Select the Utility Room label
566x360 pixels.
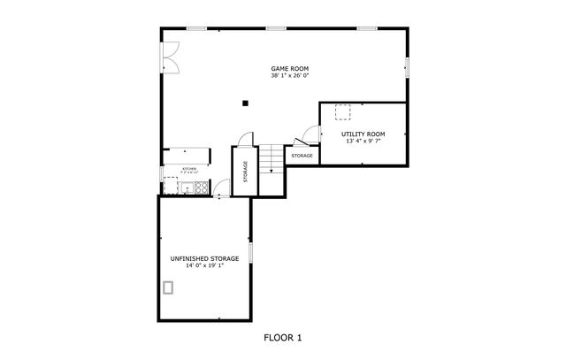pos(363,134)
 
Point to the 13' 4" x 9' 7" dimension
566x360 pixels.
pos(363,140)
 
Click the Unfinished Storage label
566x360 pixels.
pos(204,258)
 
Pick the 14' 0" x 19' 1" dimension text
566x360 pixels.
pos(204,264)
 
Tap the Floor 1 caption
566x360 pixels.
pos(283,337)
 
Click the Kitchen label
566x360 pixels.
pos(189,168)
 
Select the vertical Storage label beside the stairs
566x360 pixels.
pos(245,172)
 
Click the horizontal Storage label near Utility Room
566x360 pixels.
pos(302,156)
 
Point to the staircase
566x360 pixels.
pos(272,159)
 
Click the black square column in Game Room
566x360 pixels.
pos(246,103)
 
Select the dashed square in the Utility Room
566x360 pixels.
pos(341,111)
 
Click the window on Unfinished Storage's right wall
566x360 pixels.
pos(251,253)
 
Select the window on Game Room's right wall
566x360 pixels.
pos(408,65)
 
